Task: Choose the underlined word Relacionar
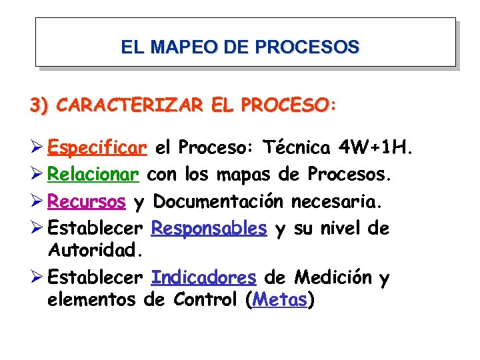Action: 94,174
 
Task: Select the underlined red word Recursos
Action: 87,201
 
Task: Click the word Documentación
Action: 219,201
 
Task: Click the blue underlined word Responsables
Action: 209,228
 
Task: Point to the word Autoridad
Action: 95,250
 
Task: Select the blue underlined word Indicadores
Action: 203,277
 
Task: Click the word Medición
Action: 333,277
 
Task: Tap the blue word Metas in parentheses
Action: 280,299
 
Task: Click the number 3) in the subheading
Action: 39,105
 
